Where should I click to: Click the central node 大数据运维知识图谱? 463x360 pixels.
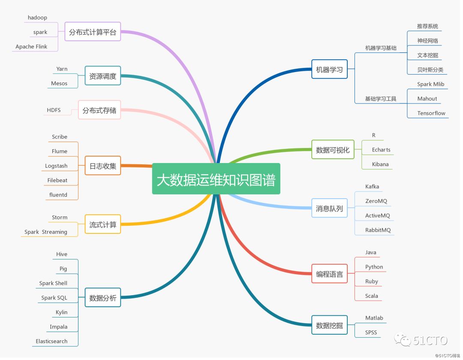(216, 179)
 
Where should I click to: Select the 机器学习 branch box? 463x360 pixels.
(329, 70)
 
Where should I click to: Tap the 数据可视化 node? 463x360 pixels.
(333, 150)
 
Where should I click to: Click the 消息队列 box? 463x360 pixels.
(329, 209)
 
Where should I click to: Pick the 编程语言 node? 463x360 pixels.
(329, 274)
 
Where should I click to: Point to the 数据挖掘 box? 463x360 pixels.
(329, 325)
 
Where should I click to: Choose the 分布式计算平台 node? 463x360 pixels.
(93, 32)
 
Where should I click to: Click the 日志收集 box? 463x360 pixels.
(103, 166)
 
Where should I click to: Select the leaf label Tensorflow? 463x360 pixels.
(431, 113)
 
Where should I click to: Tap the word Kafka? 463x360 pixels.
(372, 187)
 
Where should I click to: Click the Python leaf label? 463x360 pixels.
(374, 267)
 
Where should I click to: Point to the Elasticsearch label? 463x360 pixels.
(51, 341)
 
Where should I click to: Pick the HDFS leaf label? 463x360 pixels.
(54, 110)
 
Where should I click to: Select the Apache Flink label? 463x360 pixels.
(31, 46)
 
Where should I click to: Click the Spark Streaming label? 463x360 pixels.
(46, 232)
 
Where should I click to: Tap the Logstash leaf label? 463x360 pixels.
(56, 166)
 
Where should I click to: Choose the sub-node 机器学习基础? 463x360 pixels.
(381, 48)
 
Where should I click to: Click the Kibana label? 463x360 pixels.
(380, 164)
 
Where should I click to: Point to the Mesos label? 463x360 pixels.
(59, 83)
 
